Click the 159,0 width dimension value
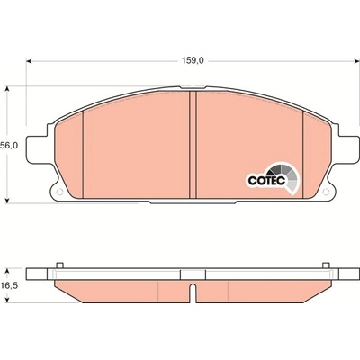(x=193, y=61)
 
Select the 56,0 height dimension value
(x=9, y=146)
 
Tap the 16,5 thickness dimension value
(x=9, y=285)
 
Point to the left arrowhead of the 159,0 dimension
(x=29, y=61)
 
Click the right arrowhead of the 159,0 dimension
(x=357, y=61)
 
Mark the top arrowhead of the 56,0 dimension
(x=8, y=90)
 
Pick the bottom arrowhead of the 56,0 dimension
(x=8, y=201)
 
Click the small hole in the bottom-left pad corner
(x=59, y=193)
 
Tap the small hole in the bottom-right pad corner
(x=327, y=193)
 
